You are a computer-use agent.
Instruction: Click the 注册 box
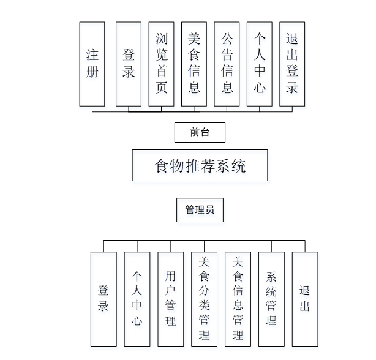[92, 64]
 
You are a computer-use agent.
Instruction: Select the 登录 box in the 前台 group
[129, 64]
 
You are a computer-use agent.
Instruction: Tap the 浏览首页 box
[162, 64]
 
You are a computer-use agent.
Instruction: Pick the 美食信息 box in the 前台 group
[194, 64]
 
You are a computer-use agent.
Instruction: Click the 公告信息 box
[227, 64]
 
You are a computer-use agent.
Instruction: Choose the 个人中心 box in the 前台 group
[260, 64]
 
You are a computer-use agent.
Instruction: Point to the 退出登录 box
[292, 64]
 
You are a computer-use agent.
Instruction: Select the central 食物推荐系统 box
[200, 165]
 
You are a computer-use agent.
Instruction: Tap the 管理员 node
[200, 210]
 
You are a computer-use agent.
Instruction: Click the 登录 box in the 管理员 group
[103, 299]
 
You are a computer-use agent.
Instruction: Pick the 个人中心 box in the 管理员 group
[137, 299]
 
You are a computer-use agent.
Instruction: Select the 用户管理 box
[170, 299]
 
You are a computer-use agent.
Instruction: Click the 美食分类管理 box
[204, 299]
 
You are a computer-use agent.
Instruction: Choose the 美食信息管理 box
[238, 299]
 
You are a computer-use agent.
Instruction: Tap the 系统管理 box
[271, 299]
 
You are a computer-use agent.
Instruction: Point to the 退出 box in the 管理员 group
[305, 299]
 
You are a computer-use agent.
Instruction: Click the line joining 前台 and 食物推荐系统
[200, 146]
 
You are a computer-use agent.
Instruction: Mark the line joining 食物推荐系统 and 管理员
[200, 189]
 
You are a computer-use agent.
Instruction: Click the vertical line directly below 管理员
[200, 231]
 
